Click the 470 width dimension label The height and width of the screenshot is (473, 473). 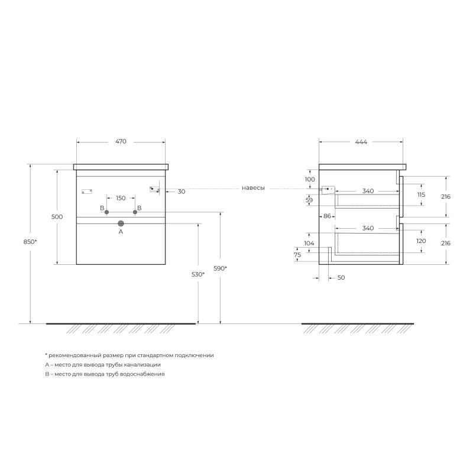pos(121,142)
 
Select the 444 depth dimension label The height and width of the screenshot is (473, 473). pos(361,142)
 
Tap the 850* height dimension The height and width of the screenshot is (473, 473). pos(30,242)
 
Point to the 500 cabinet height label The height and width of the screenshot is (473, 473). pos(57,217)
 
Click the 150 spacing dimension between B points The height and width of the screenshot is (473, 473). pos(121,198)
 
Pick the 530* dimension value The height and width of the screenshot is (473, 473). pos(198,274)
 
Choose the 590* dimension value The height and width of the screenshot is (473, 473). pos(220,268)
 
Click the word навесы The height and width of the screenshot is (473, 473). pos(253,188)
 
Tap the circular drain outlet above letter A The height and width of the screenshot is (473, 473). pos(121,223)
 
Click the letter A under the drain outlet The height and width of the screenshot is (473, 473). pos(121,232)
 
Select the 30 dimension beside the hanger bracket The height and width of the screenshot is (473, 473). pos(181,192)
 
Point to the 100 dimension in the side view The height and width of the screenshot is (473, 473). pos(310,179)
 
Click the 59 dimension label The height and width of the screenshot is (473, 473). pos(309,200)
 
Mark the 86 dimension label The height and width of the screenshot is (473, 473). pos(327,216)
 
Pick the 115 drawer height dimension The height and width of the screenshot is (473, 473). pos(421,195)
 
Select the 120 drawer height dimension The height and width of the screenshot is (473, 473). pos(421,241)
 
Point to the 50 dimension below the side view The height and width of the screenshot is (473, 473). pos(341,277)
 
